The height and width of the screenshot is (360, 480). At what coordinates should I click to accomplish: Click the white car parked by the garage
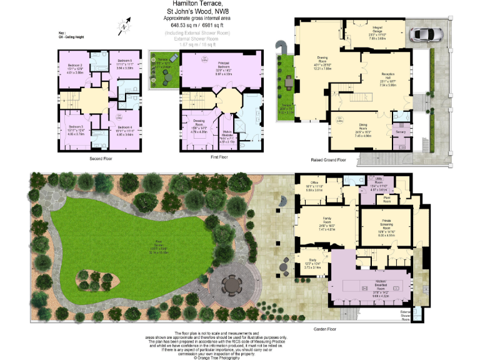[x=425, y=34]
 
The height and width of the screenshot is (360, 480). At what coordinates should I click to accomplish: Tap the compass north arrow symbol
[x=126, y=25]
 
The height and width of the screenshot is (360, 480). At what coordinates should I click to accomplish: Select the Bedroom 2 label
[x=74, y=66]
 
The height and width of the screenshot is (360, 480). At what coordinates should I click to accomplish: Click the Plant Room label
[x=387, y=201]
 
